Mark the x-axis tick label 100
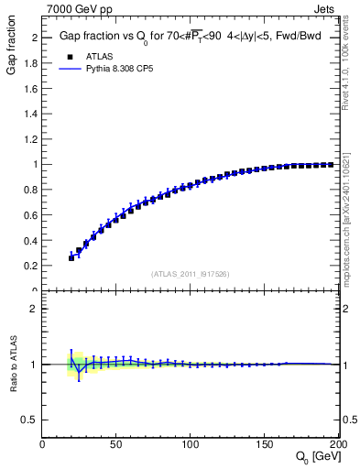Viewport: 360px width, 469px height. pos(191,444)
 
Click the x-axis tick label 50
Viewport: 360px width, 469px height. pos(116,444)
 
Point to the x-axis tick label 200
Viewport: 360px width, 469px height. pos(335,444)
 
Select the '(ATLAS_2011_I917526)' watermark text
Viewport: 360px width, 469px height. pos(191,273)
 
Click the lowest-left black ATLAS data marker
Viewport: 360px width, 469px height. pos(71,257)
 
